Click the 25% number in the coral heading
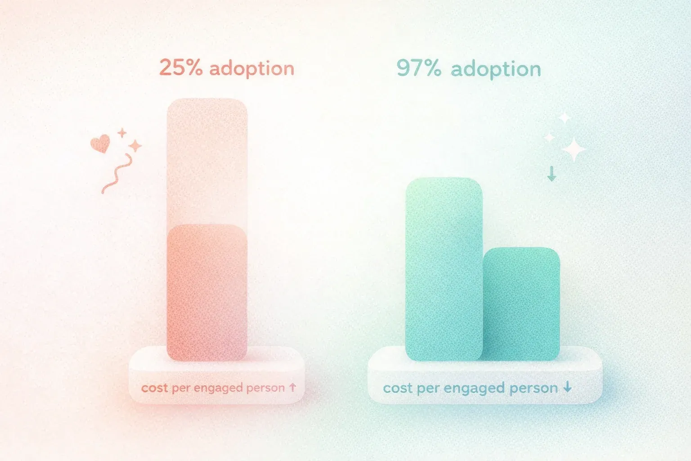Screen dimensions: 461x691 point(180,68)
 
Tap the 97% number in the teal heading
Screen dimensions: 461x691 point(418,69)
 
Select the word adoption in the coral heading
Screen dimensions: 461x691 point(252,69)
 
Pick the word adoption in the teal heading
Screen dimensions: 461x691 point(496,69)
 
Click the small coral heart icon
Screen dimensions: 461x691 point(100,144)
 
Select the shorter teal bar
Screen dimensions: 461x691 point(522,304)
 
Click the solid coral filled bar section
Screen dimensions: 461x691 point(207,293)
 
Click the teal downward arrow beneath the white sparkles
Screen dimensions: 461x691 point(552,173)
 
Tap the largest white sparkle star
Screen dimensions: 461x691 point(574,149)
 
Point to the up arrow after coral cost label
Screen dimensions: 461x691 point(292,387)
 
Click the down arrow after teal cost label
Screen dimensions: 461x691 point(568,387)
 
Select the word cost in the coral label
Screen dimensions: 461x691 point(154,388)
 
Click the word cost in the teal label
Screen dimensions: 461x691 point(398,388)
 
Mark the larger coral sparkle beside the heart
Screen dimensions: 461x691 point(135,145)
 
